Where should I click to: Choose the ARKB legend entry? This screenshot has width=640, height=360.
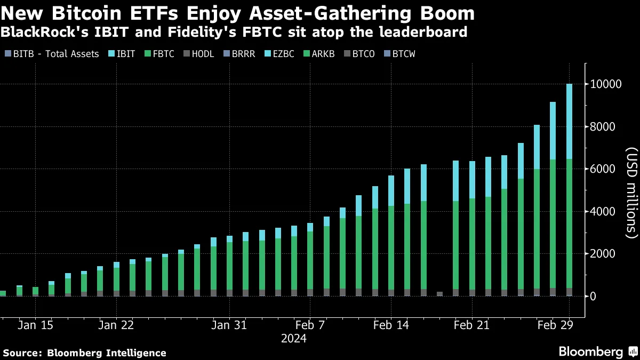tap(319, 54)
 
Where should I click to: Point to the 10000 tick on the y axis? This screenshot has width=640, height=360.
tap(605, 84)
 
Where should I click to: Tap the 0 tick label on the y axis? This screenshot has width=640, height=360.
tap(593, 296)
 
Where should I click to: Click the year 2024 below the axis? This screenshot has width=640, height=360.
tap(294, 338)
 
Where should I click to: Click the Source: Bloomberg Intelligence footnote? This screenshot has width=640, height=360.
tap(84, 353)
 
